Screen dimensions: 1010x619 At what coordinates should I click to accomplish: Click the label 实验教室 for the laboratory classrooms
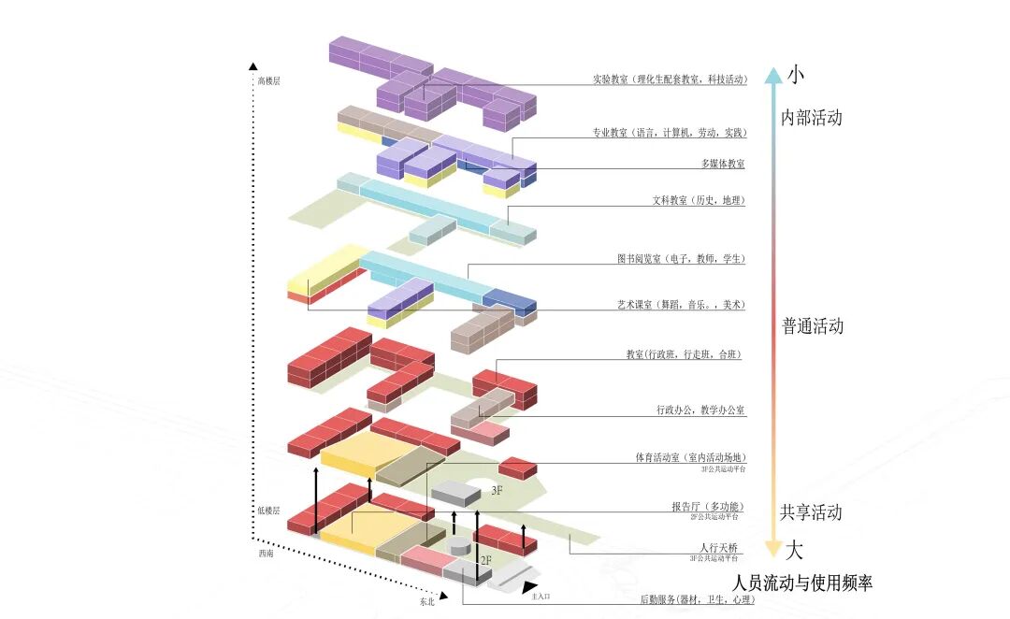[670, 79]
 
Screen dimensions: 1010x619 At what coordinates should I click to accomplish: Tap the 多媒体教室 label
[723, 164]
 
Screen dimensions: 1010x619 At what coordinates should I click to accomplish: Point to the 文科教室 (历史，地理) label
[699, 200]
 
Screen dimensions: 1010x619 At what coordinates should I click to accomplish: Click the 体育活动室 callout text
[690, 457]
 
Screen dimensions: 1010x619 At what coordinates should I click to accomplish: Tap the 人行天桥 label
[718, 547]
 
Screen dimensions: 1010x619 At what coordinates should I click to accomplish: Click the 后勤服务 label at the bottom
[697, 599]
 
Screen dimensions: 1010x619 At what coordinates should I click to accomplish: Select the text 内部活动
[812, 118]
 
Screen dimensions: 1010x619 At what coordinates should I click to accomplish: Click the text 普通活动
[813, 326]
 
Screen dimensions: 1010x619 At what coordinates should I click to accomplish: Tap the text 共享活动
[812, 512]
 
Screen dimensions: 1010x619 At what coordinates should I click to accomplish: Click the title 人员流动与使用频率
[803, 583]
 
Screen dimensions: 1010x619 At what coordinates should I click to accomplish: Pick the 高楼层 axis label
[268, 81]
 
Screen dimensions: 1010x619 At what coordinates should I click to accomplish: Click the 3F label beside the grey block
[498, 490]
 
